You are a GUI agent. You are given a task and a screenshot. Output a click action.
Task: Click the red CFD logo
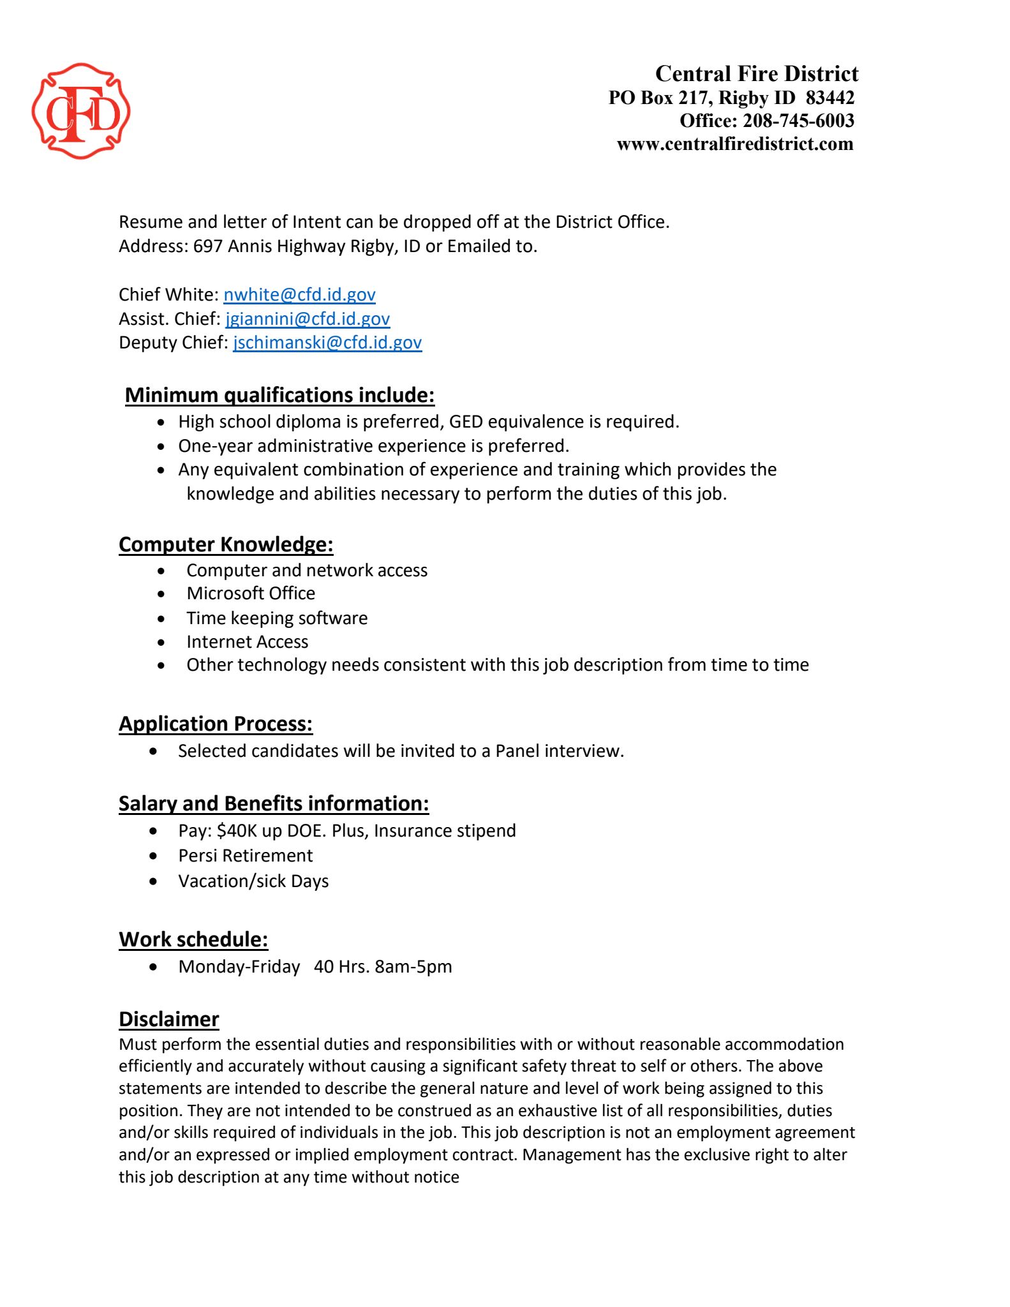81,111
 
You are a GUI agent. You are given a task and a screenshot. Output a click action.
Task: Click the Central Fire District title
756,74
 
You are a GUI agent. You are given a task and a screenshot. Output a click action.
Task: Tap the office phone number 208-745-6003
798,121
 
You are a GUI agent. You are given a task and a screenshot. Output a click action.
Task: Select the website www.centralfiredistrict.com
734,144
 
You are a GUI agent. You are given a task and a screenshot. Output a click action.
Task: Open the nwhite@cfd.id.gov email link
299,295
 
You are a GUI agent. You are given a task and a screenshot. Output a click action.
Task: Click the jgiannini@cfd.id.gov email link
308,318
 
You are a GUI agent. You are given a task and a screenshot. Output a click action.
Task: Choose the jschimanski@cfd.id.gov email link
327,343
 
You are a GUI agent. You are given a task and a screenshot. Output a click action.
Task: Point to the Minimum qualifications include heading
279,395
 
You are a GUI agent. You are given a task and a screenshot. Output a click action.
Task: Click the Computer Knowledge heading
226,544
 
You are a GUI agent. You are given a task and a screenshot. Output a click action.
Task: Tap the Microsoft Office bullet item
251,594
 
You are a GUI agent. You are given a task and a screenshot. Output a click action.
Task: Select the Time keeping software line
277,618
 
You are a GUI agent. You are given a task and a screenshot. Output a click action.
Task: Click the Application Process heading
216,724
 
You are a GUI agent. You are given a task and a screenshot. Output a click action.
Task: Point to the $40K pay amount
237,831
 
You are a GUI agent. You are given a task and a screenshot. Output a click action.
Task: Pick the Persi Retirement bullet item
246,856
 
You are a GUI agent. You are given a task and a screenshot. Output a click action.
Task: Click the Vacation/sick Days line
253,881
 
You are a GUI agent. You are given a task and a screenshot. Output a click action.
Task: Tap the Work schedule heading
193,939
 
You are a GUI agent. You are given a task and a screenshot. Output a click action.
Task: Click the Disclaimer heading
169,1019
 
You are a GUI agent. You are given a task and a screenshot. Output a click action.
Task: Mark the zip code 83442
829,98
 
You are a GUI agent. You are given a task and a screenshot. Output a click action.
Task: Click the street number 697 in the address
208,246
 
